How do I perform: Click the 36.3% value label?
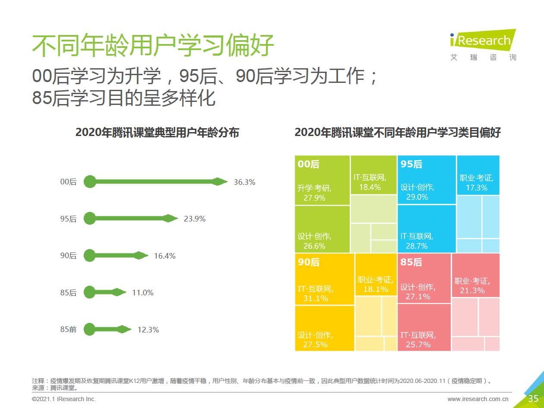244,182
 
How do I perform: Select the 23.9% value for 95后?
194,219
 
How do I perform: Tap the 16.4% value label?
164,256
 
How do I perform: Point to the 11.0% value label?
142,293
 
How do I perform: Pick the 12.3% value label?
148,330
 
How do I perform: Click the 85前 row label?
68,329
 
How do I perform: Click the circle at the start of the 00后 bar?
89,182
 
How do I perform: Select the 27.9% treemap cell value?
314,198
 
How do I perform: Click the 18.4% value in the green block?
370,187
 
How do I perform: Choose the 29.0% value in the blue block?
417,197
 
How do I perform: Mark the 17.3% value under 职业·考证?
477,188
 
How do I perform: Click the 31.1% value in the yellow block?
316,298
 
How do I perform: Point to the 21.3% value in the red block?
472,291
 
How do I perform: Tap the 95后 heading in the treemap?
411,164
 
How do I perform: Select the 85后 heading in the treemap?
411,262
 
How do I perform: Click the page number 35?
533,399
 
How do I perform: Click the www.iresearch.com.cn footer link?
478,399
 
